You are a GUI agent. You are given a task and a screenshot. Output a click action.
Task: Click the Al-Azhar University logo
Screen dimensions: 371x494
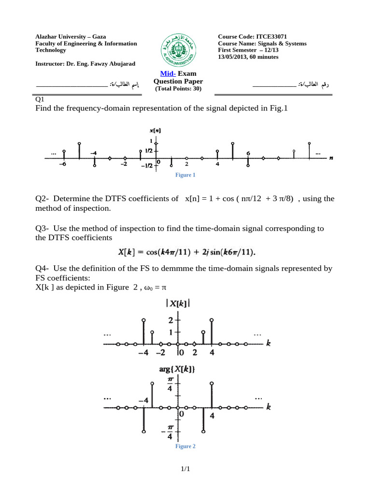click(179, 50)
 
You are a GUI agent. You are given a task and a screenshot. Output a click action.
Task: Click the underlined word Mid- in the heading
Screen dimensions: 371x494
click(168, 73)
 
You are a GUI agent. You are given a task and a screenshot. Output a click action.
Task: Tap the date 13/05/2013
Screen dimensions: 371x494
click(234, 57)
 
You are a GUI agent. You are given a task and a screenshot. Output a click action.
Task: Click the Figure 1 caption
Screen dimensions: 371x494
click(185, 175)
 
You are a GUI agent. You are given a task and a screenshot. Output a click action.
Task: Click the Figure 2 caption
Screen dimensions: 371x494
click(185, 447)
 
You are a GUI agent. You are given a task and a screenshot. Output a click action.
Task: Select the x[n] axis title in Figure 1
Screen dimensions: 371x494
click(155, 130)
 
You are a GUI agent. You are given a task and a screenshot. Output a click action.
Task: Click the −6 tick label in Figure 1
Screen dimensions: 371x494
click(63, 165)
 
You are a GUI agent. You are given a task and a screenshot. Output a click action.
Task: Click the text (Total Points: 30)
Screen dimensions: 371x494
click(178, 89)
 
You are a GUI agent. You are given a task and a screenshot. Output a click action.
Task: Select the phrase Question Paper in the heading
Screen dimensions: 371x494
click(178, 82)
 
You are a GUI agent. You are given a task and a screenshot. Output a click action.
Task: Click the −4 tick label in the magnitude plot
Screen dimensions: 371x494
click(144, 353)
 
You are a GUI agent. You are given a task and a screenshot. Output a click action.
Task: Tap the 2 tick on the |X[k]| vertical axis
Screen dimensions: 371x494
click(171, 320)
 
